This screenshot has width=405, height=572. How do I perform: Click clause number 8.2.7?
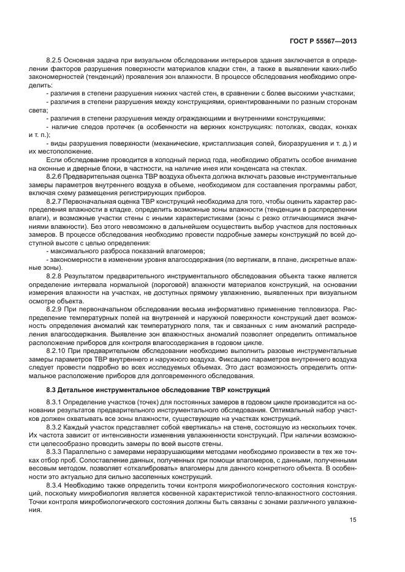click(56, 201)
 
